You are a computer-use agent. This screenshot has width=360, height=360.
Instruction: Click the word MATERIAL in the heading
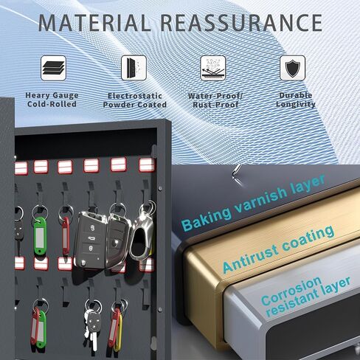pos(94,23)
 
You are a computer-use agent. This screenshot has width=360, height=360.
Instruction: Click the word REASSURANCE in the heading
pos(242,23)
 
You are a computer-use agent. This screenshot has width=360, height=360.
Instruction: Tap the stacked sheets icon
pos(53,68)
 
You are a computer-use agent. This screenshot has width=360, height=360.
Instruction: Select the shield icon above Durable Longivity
pos(293,68)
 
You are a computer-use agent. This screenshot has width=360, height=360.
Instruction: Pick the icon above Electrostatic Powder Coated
pos(134,68)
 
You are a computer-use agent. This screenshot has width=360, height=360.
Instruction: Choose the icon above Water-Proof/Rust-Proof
pos(213,68)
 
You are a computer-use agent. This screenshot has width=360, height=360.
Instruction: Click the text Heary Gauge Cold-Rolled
pos(52,100)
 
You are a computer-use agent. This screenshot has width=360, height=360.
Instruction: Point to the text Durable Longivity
pos(296,100)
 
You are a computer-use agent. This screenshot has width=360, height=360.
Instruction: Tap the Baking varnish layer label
pos(253,202)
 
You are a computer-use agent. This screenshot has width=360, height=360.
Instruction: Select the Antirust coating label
pos(278,249)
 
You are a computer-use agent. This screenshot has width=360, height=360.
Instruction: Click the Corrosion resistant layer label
pos(305,296)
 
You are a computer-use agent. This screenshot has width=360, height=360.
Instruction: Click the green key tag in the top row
pos(39,237)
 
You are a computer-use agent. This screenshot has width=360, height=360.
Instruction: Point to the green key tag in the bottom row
pos(41,329)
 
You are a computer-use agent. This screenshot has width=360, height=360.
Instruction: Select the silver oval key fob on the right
pos(142,238)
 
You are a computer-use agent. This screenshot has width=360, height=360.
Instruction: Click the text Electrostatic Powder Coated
pos(134,100)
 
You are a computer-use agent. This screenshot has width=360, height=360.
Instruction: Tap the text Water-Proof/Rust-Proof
pos(215,100)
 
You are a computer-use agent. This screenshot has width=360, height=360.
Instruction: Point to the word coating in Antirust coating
pos(308,240)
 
